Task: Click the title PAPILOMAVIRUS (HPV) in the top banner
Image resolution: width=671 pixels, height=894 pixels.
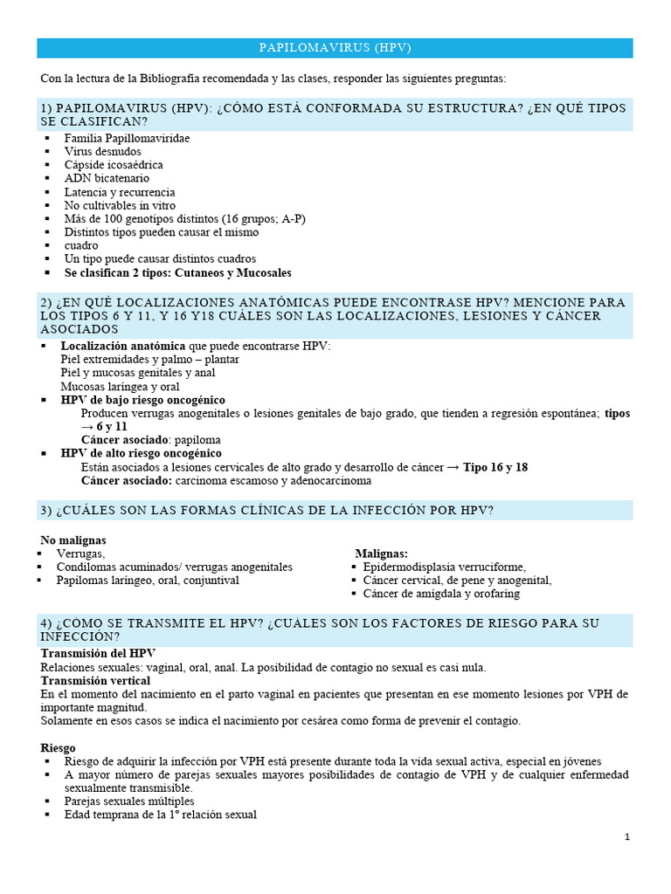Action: point(335,47)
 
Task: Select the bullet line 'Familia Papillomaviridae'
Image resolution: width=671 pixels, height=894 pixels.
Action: point(127,138)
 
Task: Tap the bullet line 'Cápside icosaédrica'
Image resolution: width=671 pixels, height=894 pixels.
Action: point(114,165)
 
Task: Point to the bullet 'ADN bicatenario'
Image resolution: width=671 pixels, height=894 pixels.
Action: point(107,178)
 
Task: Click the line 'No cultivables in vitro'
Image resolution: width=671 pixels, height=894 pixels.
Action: point(120,205)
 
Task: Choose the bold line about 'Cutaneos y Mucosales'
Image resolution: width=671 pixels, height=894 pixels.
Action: point(166,272)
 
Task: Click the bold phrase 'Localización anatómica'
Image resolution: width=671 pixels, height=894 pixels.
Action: point(123,346)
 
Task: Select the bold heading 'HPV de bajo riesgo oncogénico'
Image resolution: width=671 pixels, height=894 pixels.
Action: point(142,399)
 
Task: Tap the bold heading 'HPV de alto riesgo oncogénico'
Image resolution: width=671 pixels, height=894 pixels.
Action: point(141,453)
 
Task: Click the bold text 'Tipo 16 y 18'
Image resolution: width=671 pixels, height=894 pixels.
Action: point(495,467)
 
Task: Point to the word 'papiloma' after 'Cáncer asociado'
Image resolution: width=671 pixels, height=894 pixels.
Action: point(197,439)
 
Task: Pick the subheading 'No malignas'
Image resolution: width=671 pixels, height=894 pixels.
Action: point(73,540)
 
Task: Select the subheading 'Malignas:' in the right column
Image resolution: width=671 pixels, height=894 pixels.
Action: point(382,554)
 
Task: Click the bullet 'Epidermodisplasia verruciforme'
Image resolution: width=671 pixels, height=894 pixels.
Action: point(445,567)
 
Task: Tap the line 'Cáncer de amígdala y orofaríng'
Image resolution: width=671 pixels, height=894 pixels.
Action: point(441,594)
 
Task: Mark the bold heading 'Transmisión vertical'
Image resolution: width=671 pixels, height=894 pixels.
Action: point(95,680)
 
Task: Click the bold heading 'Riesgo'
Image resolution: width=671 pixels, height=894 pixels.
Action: point(58,748)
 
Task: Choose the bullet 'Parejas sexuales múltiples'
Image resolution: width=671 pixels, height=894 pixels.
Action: point(129,801)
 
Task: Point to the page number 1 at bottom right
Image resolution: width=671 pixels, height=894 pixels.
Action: point(627,837)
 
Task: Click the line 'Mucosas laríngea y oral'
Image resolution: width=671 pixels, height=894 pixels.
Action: point(120,386)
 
